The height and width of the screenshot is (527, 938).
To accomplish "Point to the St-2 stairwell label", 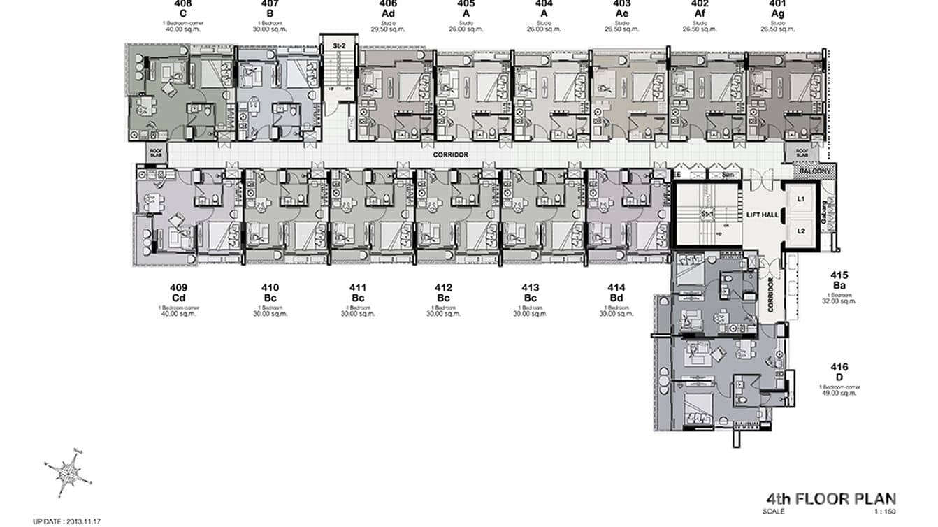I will click(x=338, y=47).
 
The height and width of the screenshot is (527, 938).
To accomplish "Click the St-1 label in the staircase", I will click(x=707, y=213).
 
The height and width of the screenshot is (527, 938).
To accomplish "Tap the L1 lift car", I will click(x=802, y=199).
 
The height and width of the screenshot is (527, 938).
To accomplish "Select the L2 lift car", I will click(x=802, y=230).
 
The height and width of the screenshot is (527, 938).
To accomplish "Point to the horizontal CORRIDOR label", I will click(x=450, y=154).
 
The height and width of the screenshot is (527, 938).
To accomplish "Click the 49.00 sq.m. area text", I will click(x=839, y=393).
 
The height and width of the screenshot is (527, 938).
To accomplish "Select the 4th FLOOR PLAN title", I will click(x=830, y=498).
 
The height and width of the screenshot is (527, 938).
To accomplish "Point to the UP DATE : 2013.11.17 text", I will click(x=68, y=521).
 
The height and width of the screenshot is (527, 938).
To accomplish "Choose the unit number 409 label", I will click(x=178, y=287).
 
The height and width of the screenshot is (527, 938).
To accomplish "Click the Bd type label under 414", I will click(x=616, y=298).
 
